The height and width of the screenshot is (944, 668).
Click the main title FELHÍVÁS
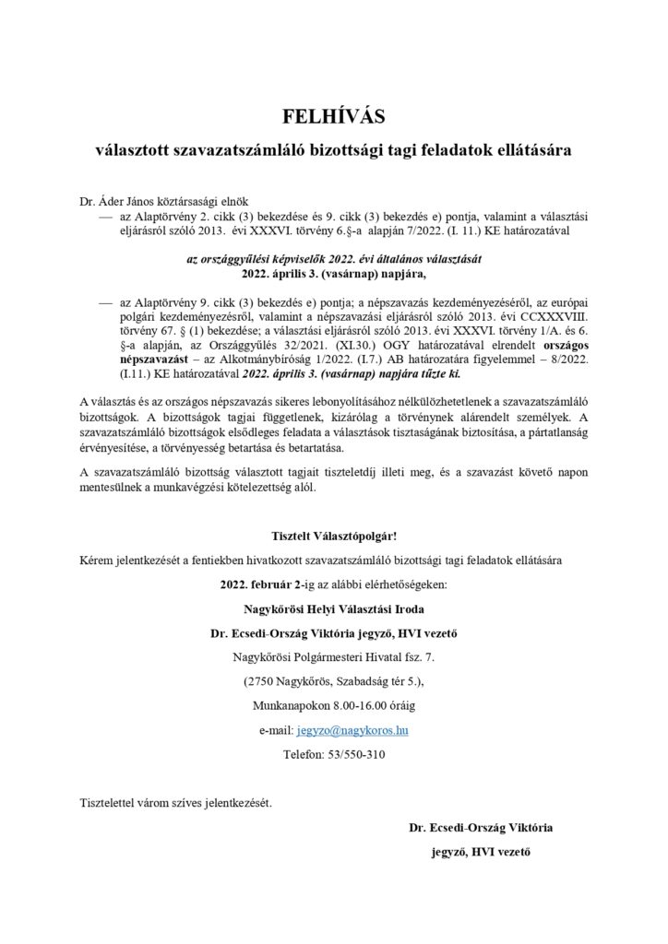[x=333, y=117]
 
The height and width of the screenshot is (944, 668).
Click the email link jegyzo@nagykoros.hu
[x=352, y=729]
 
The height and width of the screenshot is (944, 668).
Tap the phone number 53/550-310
[x=356, y=753]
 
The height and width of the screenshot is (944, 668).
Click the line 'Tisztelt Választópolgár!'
[x=333, y=536]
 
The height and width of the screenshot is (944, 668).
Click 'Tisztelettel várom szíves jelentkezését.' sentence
[x=176, y=802]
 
